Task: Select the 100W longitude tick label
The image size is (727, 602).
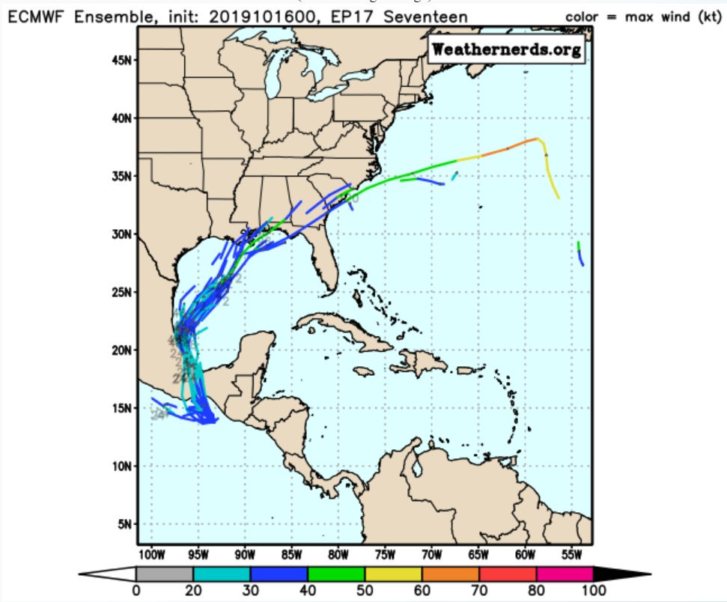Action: (x=150, y=555)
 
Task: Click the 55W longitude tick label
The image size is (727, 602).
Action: (x=573, y=555)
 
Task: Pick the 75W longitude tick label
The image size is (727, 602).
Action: (x=385, y=555)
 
